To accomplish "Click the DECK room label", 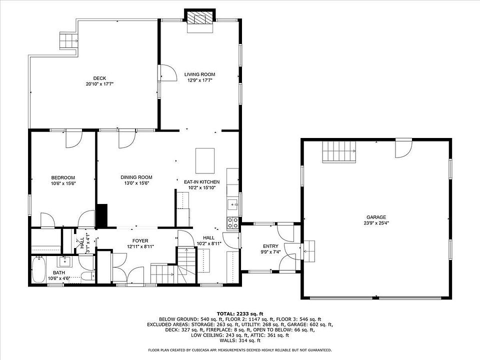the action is coord(100,78).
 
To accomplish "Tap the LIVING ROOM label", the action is coord(199,74).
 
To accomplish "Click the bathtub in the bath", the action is coord(38,269).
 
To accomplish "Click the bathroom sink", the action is coord(65,261).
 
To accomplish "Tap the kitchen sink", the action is coord(233,204).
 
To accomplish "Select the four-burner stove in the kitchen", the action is coord(232,223).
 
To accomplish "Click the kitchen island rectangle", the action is coord(205,160).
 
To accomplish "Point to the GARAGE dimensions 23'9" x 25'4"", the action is coord(376,223).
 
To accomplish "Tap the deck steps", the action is coord(69,40).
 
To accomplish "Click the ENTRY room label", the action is coord(270,246).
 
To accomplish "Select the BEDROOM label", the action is coord(63,177).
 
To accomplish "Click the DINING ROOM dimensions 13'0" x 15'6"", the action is coord(136,183).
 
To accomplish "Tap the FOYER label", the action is coord(140,241).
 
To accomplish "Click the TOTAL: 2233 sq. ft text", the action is coord(240,313).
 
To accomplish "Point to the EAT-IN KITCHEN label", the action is coord(201,182).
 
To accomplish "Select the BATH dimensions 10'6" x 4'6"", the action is coord(59,278).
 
